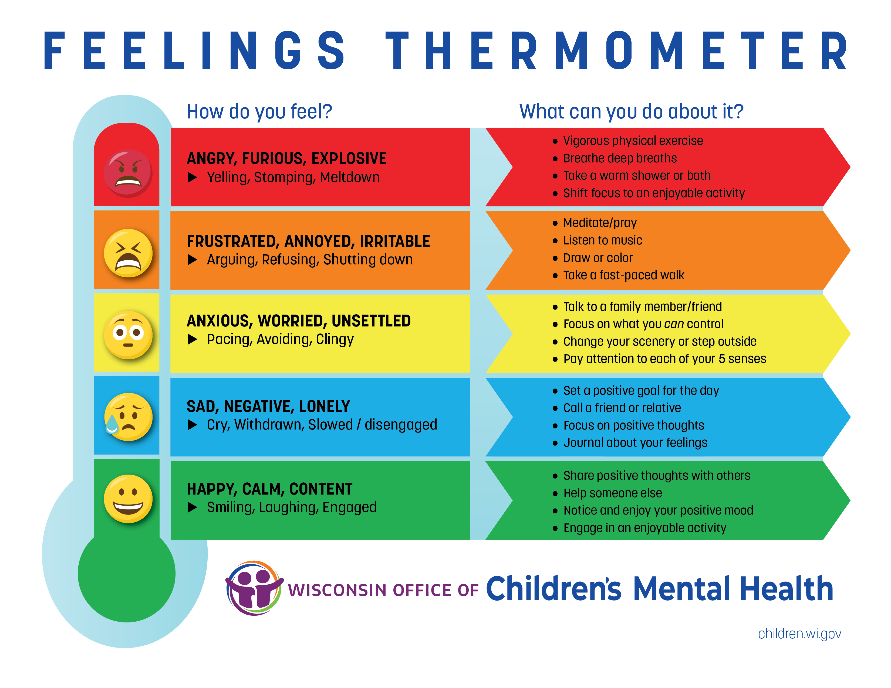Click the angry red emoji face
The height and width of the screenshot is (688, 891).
tap(128, 173)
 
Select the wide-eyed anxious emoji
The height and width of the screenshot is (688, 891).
tap(128, 335)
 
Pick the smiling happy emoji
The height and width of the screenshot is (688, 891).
tap(128, 499)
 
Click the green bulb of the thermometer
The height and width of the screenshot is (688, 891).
tap(126, 574)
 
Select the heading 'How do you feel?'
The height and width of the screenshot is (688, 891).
tap(259, 112)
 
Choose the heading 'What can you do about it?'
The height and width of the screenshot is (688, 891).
tap(632, 112)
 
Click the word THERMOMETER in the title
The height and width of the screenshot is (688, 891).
tap(617, 50)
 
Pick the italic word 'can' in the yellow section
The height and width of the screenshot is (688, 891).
tap(674, 324)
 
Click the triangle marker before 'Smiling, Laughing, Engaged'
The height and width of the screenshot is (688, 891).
tap(193, 508)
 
